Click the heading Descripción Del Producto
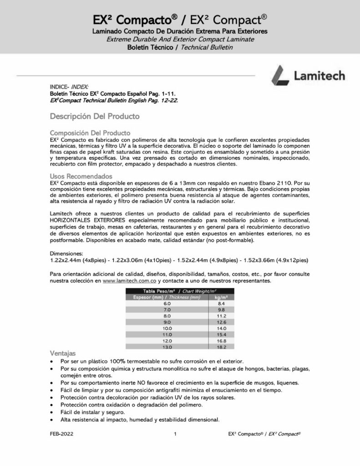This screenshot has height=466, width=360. click(x=95, y=116)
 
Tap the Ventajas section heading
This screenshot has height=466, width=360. click(x=63, y=353)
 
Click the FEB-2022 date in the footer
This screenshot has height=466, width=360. click(x=62, y=434)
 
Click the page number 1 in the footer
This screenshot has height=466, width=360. click(x=175, y=434)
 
